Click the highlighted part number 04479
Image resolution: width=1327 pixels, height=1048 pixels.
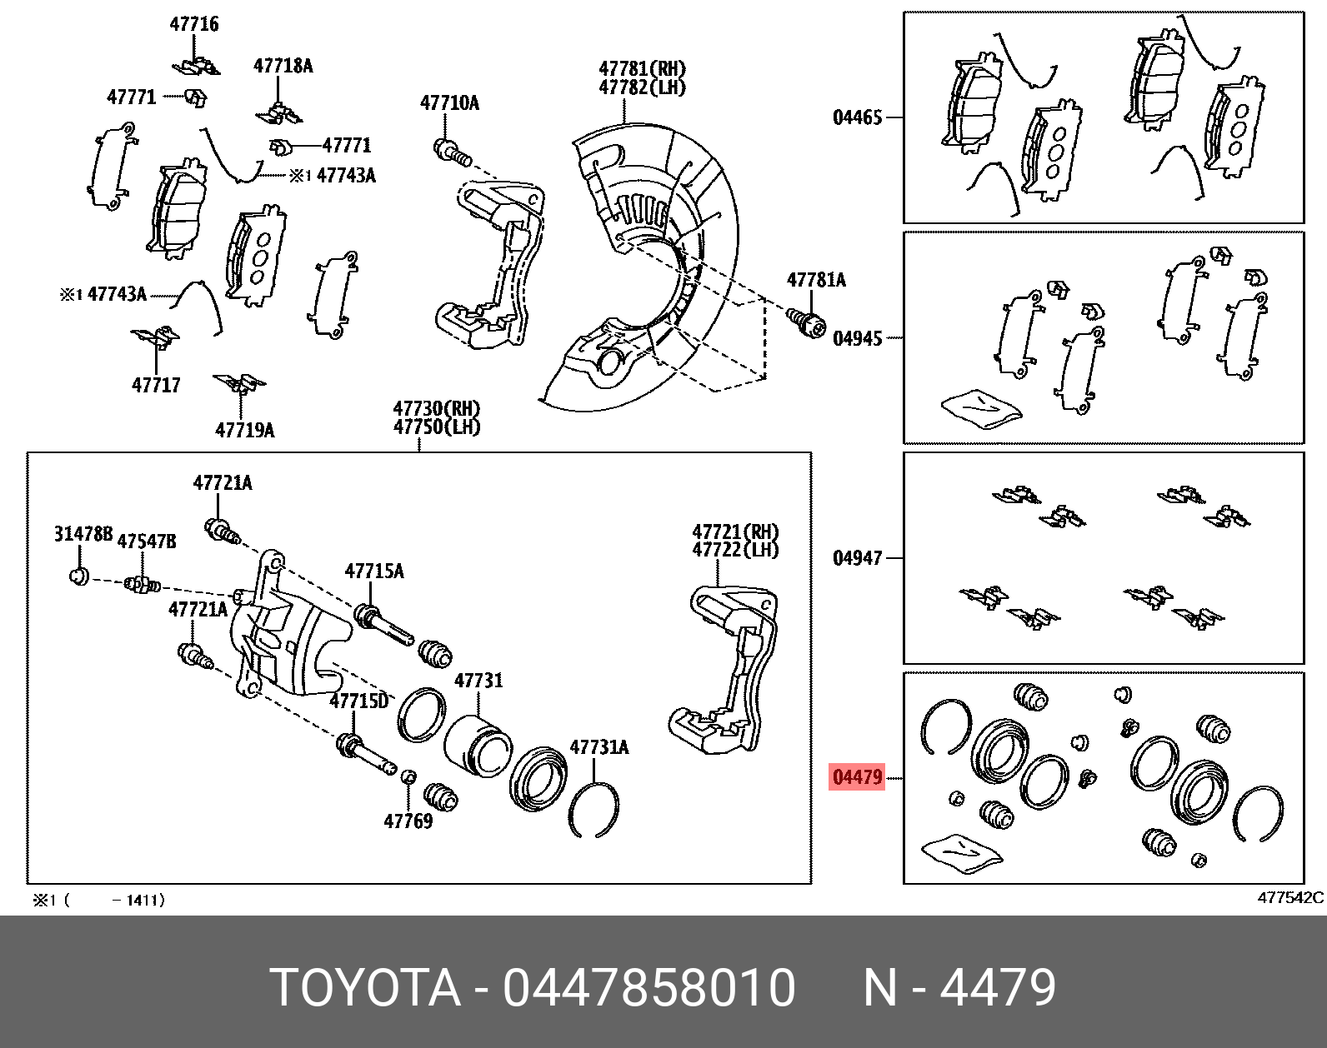856,778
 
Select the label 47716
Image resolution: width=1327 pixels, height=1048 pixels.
194,24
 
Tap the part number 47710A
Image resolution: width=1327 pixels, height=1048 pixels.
449,103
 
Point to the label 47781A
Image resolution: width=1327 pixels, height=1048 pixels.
816,280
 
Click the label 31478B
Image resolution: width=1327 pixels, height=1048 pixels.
83,534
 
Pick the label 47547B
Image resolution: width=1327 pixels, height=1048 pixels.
147,541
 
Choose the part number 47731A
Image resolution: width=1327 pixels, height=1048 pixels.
598,747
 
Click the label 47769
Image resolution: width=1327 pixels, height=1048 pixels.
408,821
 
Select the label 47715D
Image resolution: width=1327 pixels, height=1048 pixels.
358,701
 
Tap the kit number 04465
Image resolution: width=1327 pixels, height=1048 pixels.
857,117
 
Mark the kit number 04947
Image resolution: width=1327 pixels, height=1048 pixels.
857,557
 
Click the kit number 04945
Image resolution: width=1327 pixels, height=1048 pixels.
857,338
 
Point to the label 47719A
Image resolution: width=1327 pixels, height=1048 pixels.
244,430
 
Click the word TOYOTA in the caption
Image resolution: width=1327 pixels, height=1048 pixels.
366,989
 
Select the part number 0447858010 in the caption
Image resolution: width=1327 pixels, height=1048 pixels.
649,989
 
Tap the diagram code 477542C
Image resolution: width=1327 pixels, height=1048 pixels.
1289,898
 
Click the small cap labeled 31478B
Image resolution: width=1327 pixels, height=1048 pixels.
78,576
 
